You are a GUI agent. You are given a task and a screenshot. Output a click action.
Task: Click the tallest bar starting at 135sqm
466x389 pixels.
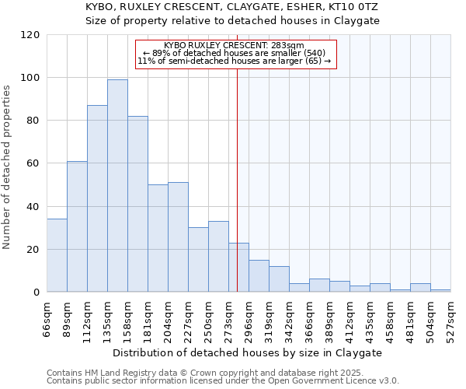[117, 186]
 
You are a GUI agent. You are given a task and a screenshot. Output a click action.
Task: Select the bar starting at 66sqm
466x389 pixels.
[57, 256]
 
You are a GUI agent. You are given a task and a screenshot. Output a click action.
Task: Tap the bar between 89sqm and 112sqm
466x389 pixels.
[77, 226]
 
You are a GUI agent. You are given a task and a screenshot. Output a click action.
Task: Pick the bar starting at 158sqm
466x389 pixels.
[137, 204]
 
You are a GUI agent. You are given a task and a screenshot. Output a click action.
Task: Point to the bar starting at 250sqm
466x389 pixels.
[218, 257]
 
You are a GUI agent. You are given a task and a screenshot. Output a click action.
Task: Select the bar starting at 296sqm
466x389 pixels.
[259, 276]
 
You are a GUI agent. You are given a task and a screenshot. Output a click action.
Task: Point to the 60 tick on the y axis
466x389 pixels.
[33, 163]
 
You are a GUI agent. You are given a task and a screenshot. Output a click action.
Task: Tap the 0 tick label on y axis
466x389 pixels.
[36, 293]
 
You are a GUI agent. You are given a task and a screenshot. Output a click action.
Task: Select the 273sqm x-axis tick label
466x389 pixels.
[228, 319]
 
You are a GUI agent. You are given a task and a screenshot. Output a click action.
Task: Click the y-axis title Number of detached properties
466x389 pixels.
[7, 167]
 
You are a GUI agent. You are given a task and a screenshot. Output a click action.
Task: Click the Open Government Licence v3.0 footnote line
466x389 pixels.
[223, 381]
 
